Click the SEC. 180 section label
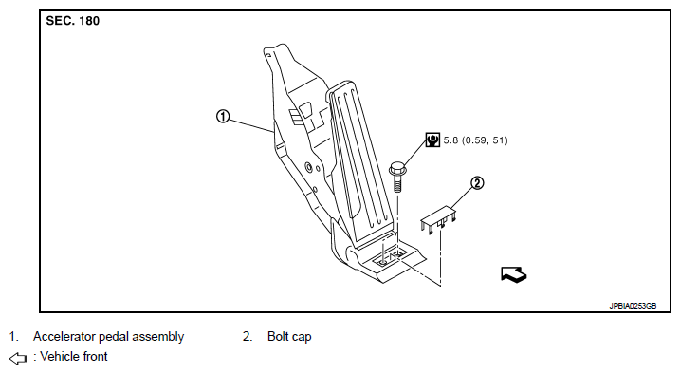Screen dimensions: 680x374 tap(72, 20)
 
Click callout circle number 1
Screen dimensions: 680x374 tap(223, 116)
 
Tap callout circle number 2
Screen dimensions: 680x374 tap(477, 183)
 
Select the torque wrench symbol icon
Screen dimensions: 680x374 tap(432, 140)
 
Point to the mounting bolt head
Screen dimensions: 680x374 tap(396, 168)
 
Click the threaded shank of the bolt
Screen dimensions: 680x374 tap(396, 183)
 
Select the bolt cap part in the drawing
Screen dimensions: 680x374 tap(438, 219)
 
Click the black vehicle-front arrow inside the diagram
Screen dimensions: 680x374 tap(513, 274)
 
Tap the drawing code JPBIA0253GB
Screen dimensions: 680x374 tap(633, 306)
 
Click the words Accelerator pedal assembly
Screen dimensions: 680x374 tap(108, 337)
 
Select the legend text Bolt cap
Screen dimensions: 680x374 tap(289, 337)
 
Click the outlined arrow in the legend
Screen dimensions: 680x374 tap(18, 359)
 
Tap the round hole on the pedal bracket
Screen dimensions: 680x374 tap(308, 167)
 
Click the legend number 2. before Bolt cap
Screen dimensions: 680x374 tap(248, 337)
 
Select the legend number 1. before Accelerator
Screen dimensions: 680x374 tap(14, 337)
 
